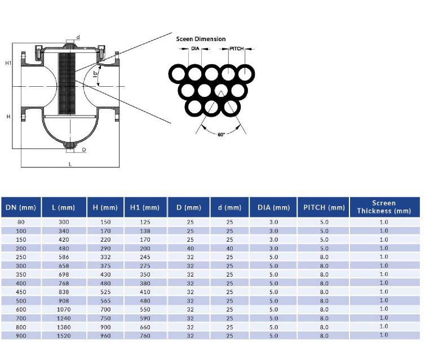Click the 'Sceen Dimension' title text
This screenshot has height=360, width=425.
(x=201, y=39)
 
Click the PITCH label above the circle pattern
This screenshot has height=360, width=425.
(x=237, y=49)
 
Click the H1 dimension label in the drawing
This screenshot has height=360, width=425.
(x=8, y=63)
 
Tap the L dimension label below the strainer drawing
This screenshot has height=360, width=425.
(x=70, y=163)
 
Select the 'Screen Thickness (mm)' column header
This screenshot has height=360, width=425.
(x=384, y=207)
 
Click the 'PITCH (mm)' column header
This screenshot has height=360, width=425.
(x=324, y=207)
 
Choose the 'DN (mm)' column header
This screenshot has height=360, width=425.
(x=21, y=207)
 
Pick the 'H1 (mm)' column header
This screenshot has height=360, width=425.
(x=145, y=207)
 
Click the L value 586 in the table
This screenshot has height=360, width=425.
(x=64, y=257)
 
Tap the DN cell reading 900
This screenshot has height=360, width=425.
(x=21, y=335)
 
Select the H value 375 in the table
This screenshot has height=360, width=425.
(x=105, y=265)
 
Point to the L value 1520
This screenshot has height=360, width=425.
(x=64, y=335)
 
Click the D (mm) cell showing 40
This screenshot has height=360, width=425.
(x=190, y=248)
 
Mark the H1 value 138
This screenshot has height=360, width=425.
(x=145, y=231)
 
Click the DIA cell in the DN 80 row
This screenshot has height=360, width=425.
(x=273, y=222)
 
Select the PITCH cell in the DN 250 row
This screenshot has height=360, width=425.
(x=324, y=257)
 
